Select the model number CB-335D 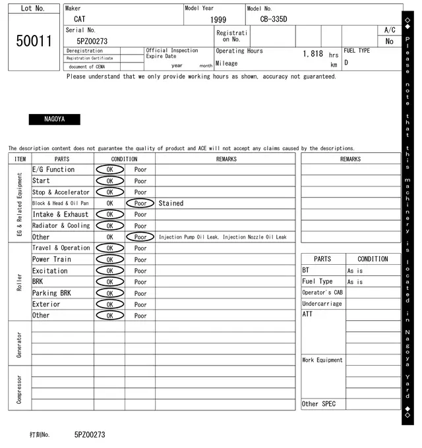click(x=269, y=20)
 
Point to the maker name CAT click(x=79, y=20)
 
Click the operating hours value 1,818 click(x=313, y=54)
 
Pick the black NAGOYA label click(x=54, y=119)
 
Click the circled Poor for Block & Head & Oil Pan click(x=140, y=204)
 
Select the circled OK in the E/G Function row click(x=109, y=170)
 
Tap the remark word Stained click(x=171, y=204)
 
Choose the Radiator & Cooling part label click(x=61, y=226)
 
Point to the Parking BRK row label click(x=51, y=293)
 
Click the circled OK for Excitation click(x=109, y=271)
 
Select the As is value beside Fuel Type click(x=355, y=282)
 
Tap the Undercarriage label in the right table click(x=322, y=304)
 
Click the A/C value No click(x=389, y=42)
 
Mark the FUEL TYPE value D click(x=346, y=63)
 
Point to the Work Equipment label click(x=322, y=360)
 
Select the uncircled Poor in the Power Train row click(x=140, y=260)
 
